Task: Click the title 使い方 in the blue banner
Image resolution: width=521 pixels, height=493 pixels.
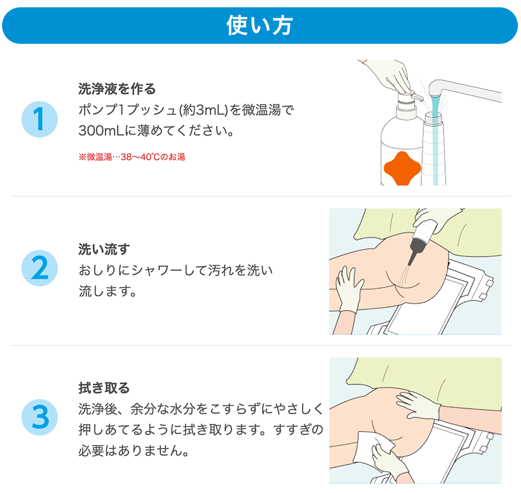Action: pos(259,26)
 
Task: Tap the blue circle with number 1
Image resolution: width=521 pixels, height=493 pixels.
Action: pos(40,119)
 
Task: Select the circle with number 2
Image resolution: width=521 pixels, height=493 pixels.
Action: pos(40,268)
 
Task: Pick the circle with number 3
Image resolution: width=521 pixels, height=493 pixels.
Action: pos(40,417)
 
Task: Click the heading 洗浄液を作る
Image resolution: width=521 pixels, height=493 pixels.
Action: pos(117,89)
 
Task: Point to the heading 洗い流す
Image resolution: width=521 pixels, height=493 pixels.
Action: pos(104,249)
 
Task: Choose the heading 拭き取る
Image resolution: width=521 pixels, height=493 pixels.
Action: pos(104,388)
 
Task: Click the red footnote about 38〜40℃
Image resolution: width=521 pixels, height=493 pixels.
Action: pos(132,157)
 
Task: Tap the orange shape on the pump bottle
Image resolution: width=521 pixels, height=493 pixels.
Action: pos(402,169)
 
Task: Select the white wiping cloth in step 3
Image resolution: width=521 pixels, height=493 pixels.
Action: pos(372,448)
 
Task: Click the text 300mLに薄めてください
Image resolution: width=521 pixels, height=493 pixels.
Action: pos(156,131)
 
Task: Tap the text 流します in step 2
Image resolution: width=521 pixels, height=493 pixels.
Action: pos(107,291)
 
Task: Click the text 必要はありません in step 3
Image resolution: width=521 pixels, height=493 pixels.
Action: pos(133,450)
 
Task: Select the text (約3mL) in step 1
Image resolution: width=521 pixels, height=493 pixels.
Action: pos(203,110)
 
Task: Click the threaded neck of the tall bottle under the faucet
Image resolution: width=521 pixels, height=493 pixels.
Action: pos(433,116)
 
